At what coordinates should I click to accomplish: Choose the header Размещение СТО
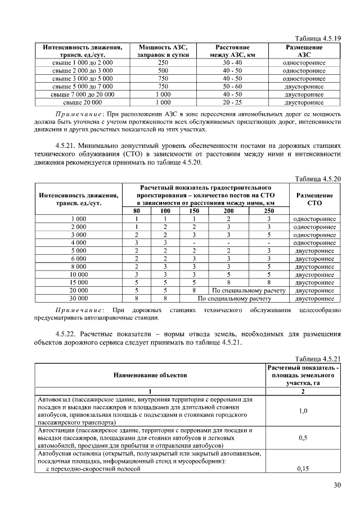click(x=315, y=199)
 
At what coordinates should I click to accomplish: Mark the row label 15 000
click(x=78, y=282)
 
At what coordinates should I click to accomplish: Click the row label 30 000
click(x=78, y=299)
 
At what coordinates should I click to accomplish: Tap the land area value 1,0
click(x=303, y=411)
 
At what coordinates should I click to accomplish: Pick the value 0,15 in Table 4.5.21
click(x=303, y=468)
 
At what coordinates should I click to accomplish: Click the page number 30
click(x=337, y=486)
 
